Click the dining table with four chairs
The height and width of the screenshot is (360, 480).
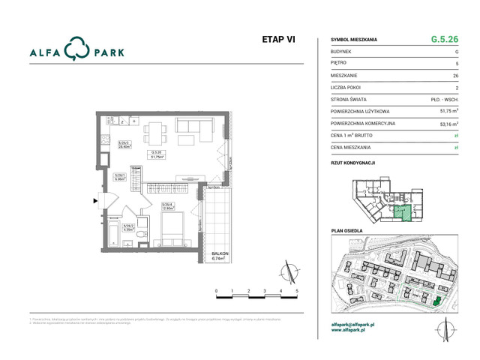[157, 130]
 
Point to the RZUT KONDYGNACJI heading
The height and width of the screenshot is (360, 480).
[352, 162]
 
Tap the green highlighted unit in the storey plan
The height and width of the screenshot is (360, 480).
[404, 211]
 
